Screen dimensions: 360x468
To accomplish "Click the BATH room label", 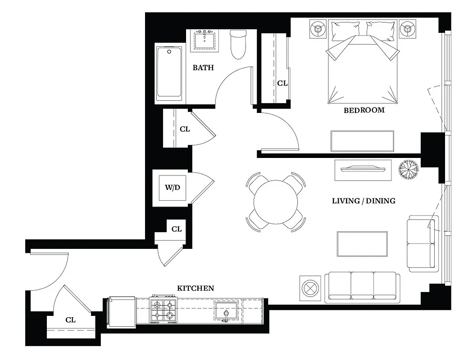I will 203,68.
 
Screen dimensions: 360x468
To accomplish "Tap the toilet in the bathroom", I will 237,44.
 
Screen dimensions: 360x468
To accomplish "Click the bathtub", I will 169,73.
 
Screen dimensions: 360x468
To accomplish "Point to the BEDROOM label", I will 364,110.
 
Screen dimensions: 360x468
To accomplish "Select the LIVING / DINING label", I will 363,201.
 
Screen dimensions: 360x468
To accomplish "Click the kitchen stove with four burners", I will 163,309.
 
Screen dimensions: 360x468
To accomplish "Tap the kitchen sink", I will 226,311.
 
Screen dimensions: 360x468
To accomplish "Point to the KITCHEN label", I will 195,288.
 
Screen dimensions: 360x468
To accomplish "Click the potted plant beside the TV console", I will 409,170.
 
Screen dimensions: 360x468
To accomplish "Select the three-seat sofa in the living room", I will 362,286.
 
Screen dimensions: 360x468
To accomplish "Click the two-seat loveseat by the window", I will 422,243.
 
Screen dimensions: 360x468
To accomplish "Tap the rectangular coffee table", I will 362,243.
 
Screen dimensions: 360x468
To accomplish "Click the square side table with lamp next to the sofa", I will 310,288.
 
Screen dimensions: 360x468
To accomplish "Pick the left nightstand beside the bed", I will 318,29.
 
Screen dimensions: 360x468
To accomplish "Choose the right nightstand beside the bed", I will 408,29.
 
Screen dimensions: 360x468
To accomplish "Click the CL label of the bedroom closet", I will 282,83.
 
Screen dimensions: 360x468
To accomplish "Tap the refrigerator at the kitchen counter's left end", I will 121,310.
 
